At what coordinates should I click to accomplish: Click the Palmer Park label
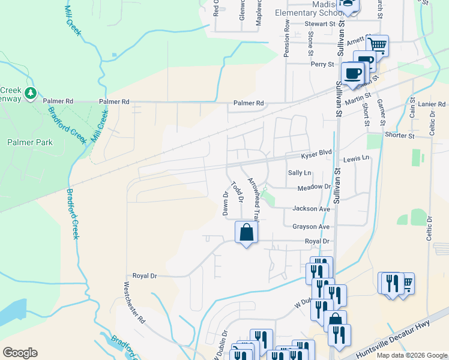coord(30,142)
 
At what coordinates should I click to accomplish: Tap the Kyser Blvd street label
coord(316,154)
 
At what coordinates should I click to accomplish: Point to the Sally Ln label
coord(300,173)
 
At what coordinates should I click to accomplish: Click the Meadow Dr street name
coord(315,188)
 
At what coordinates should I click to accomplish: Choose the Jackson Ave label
coord(311,209)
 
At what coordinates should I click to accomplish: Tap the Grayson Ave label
coord(311,227)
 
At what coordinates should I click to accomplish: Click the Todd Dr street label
coord(238,191)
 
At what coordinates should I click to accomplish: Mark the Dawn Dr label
coord(226,203)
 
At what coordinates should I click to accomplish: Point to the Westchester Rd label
coord(134,302)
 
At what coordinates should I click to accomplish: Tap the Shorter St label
coord(400,136)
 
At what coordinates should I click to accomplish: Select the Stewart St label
coord(319,24)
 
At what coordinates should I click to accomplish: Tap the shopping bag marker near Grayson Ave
coord(246,232)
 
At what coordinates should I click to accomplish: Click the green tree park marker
coord(31,94)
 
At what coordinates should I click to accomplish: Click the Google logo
coord(20,353)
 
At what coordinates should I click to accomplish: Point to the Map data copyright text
coord(412,355)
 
